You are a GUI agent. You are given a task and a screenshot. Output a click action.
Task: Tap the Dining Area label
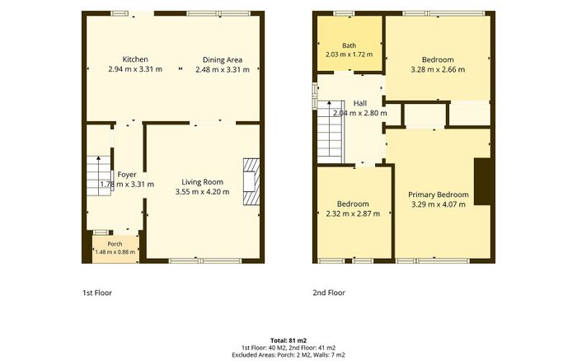click(x=223, y=60)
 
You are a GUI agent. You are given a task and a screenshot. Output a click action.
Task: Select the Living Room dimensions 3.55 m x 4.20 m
click(x=203, y=192)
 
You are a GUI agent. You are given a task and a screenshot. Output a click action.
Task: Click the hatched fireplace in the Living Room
click(x=251, y=181)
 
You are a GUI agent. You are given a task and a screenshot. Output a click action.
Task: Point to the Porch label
click(x=115, y=244)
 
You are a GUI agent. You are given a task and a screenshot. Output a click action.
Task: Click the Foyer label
click(x=127, y=175)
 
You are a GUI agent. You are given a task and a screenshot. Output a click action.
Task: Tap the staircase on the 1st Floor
click(x=99, y=176)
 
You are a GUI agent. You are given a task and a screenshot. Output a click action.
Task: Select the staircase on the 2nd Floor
click(x=330, y=132)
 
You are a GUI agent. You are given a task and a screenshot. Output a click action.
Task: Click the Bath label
click(x=349, y=45)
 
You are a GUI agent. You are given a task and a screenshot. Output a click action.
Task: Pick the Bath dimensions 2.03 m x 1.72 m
click(x=349, y=54)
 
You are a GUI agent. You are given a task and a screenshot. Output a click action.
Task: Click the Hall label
click(x=360, y=103)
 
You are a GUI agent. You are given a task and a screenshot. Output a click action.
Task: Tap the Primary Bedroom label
click(x=439, y=195)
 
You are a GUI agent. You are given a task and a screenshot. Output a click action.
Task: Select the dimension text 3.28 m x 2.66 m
click(x=438, y=69)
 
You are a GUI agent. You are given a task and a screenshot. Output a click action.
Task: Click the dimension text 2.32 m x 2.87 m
click(x=353, y=213)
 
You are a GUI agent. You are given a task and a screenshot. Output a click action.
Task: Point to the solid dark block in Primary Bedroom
click(x=482, y=181)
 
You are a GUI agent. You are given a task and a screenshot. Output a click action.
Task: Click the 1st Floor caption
click(x=97, y=293)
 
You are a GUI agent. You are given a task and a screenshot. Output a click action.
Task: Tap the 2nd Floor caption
click(x=329, y=293)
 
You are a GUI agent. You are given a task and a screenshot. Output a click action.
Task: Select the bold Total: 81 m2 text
click(x=288, y=340)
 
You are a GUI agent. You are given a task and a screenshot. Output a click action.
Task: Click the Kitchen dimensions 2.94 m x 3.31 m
click(x=135, y=69)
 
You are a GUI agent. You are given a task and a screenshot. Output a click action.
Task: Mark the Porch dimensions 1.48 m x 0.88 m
click(x=115, y=252)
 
